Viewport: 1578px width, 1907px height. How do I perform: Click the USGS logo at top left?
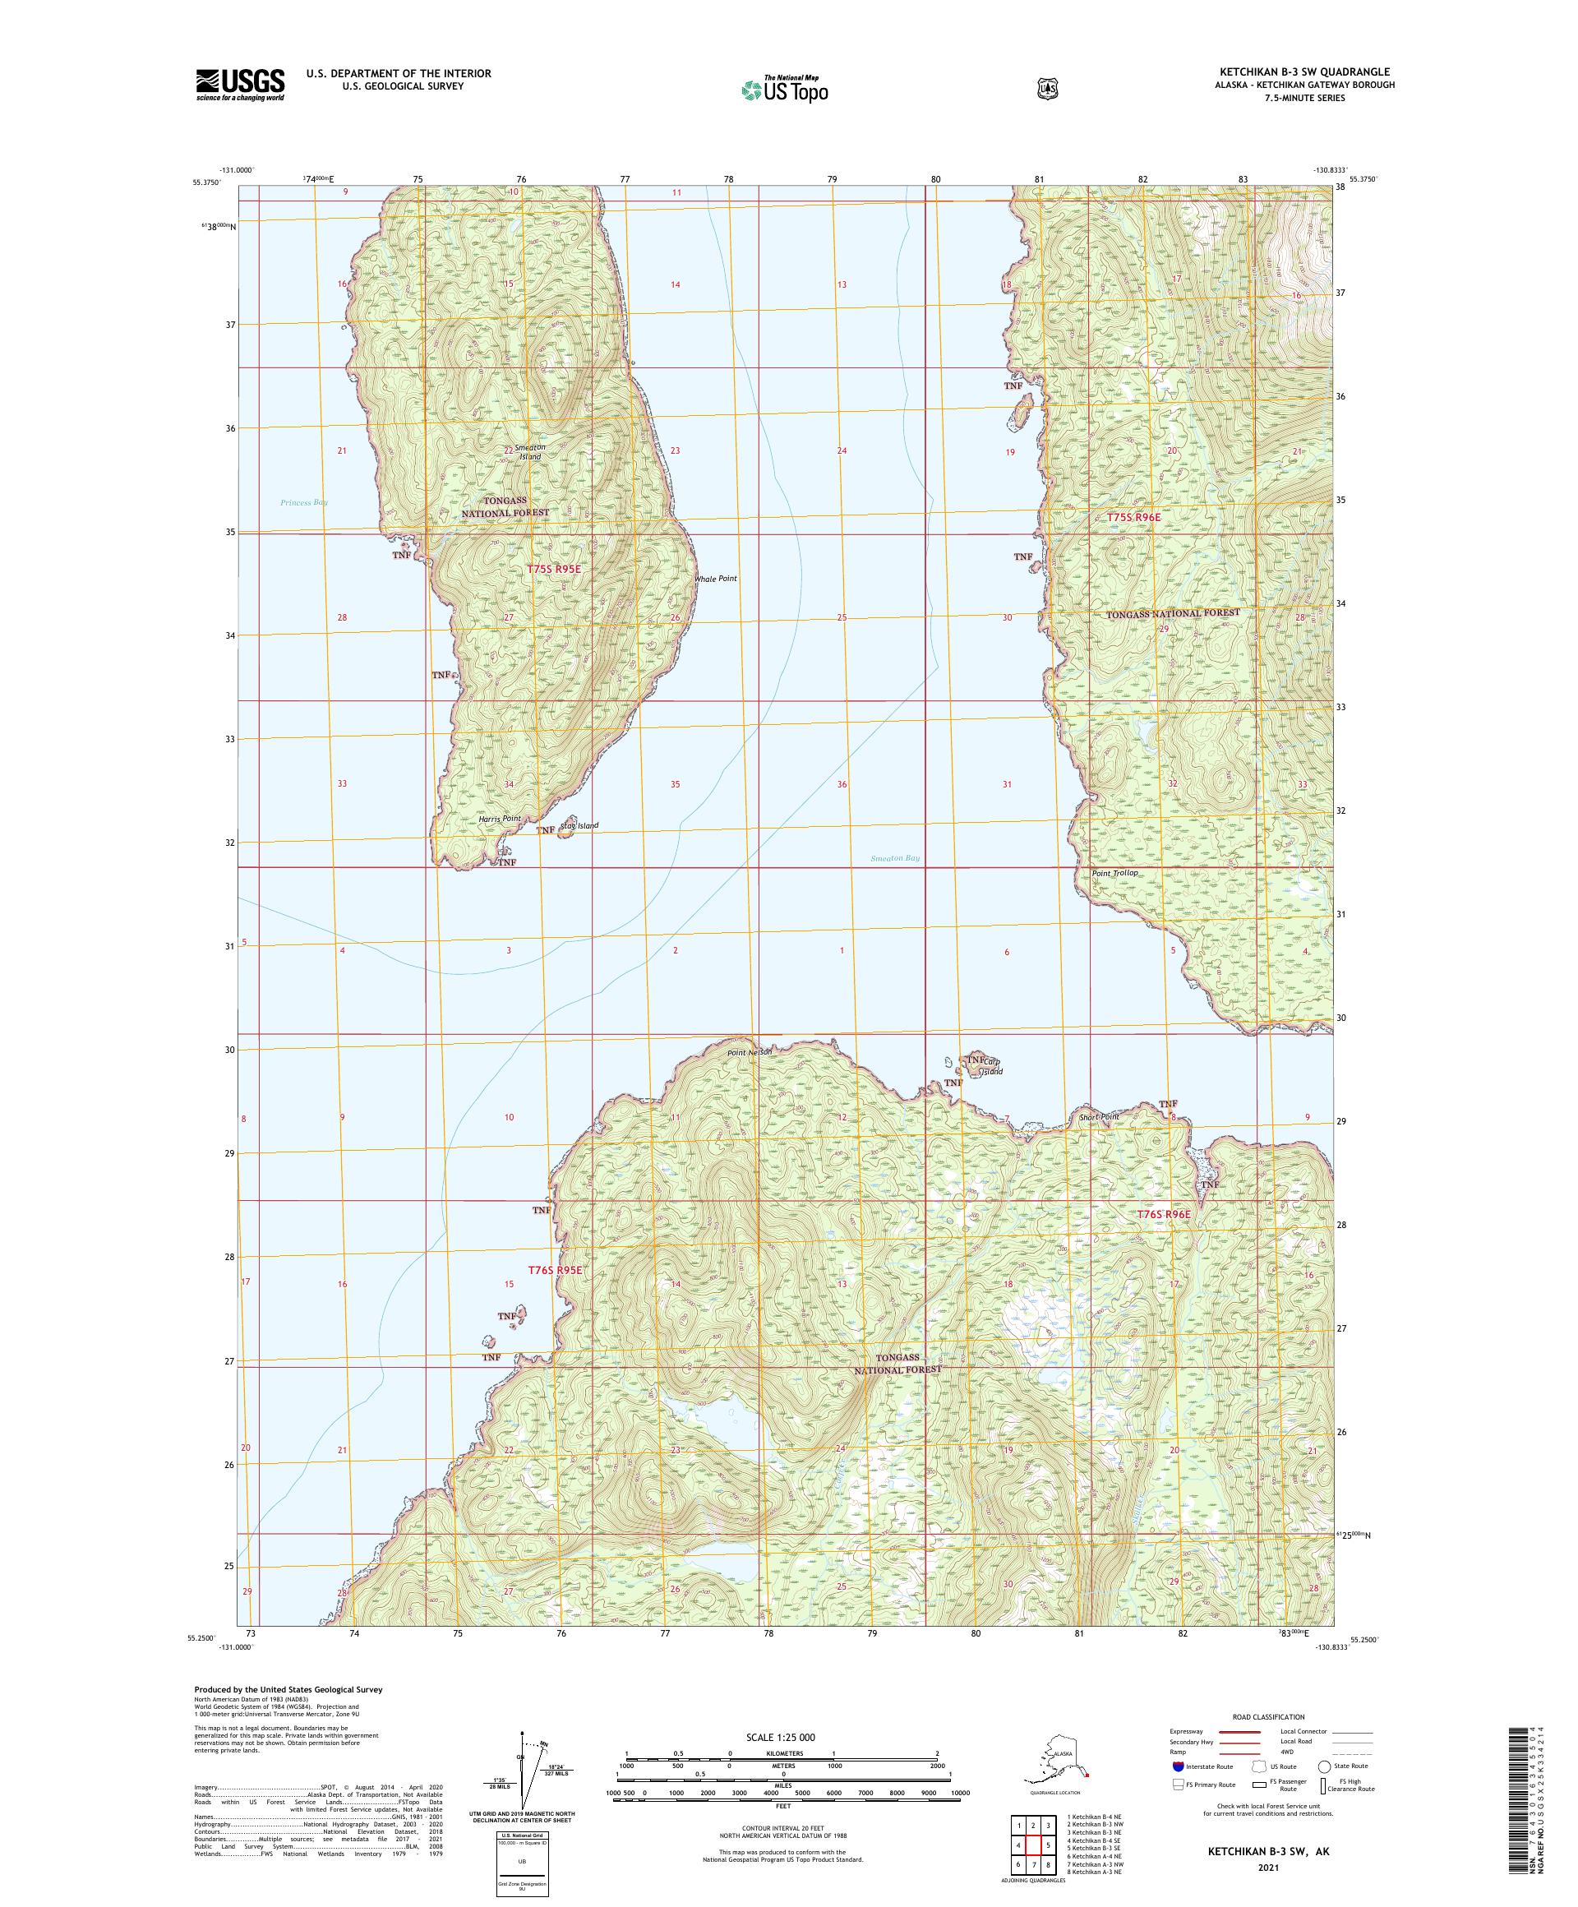point(240,85)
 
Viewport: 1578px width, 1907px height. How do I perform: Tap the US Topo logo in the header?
point(786,89)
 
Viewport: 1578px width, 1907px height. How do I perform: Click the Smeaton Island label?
point(529,452)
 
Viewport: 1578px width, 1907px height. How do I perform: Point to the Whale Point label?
point(716,579)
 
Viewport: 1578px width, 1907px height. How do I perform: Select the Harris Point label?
point(501,819)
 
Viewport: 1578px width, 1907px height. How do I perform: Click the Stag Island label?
point(580,825)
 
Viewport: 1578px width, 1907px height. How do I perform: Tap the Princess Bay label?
point(304,502)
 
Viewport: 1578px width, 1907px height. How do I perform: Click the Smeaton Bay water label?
point(894,857)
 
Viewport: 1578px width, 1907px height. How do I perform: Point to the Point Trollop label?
point(1114,873)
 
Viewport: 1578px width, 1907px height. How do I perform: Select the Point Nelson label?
point(749,1052)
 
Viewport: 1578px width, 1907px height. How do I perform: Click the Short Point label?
point(1098,1117)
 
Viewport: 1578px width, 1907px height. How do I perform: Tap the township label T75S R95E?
point(554,569)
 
